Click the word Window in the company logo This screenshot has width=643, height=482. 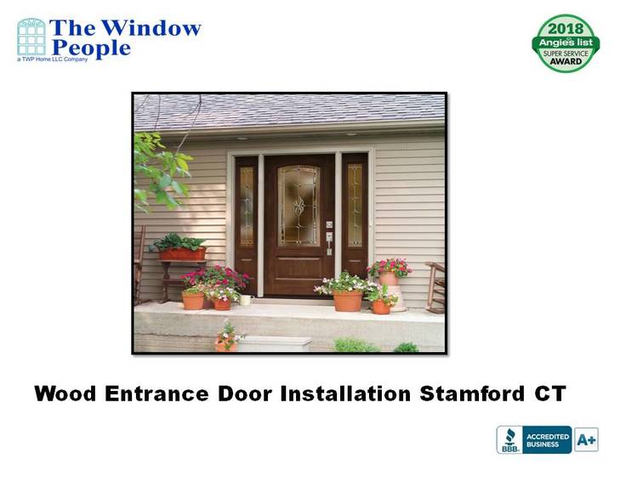[151, 28]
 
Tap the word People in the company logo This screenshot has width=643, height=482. [92, 48]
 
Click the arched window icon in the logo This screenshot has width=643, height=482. [31, 37]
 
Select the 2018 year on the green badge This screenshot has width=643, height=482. [566, 29]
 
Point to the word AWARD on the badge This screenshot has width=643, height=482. [566, 61]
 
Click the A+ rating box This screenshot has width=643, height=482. [586, 439]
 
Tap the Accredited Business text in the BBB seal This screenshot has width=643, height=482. [548, 440]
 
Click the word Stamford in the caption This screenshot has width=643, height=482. [472, 394]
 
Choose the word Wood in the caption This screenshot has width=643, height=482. [65, 394]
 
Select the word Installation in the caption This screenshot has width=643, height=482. [345, 394]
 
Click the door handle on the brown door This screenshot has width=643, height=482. [329, 243]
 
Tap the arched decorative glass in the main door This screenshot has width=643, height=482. [299, 206]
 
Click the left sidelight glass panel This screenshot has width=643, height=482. [247, 207]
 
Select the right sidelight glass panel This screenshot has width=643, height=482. [356, 205]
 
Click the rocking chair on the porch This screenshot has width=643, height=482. [435, 287]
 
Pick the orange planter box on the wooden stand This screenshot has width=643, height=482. [183, 254]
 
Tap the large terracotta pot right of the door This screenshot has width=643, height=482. [348, 301]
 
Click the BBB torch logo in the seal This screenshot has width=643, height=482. [509, 439]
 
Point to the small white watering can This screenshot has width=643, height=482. [246, 300]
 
